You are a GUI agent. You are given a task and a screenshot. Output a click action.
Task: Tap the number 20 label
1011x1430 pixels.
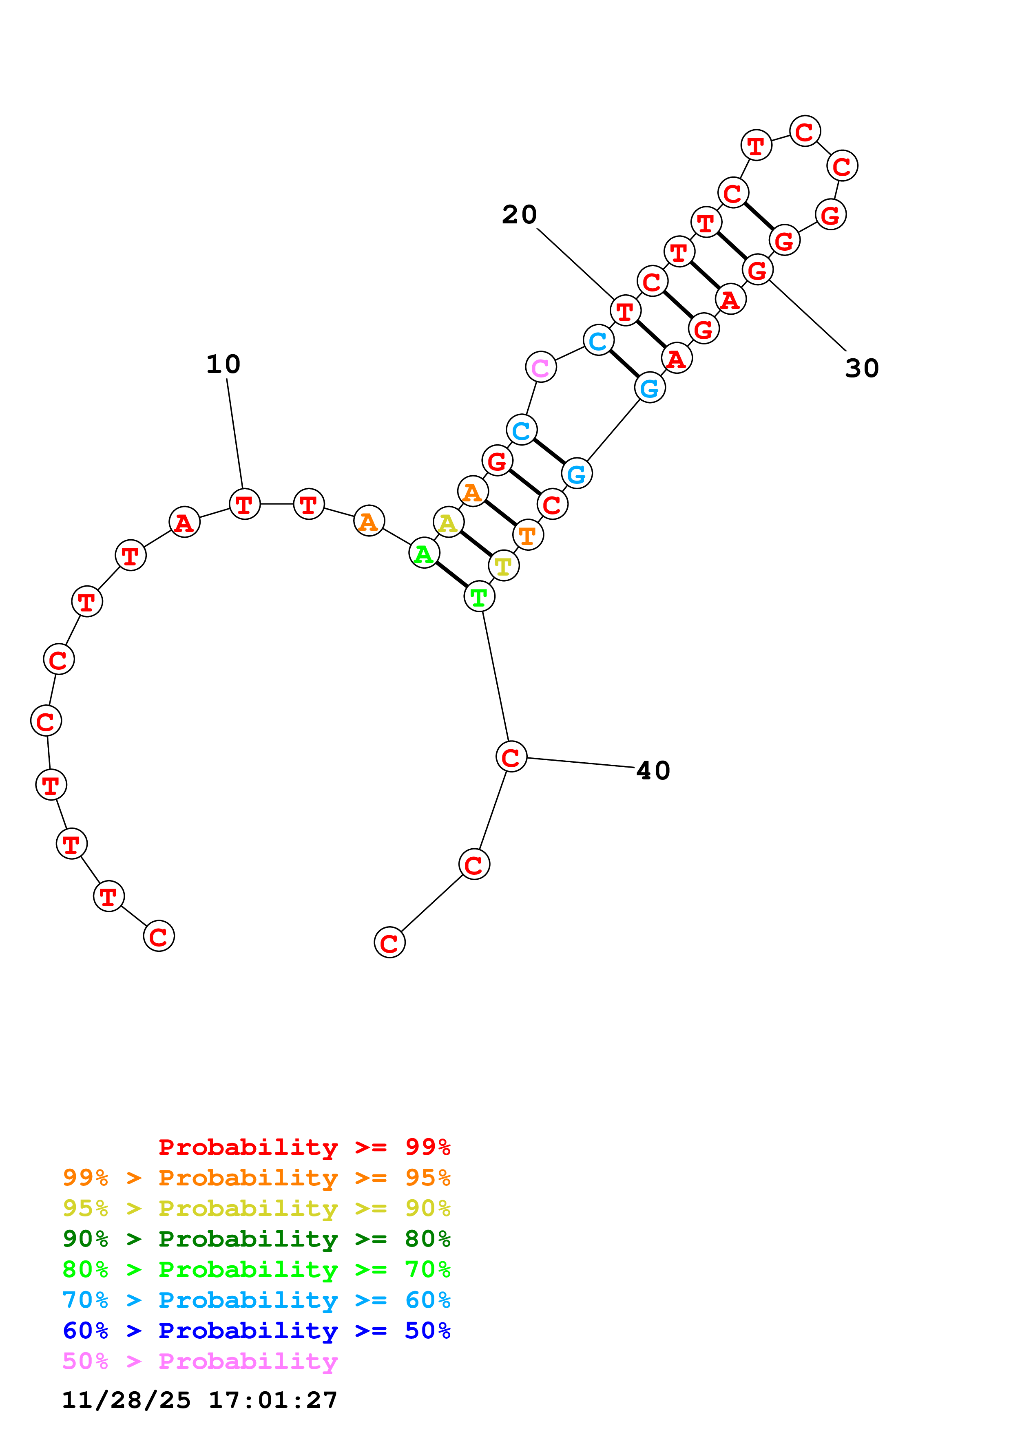[519, 215]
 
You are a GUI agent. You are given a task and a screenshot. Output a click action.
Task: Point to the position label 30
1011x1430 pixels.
[861, 368]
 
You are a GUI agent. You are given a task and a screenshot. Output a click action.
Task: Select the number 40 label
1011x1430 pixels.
[653, 770]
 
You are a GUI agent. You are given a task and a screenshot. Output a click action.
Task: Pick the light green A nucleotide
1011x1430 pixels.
[424, 553]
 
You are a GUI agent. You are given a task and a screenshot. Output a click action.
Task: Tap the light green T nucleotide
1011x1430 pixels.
[479, 597]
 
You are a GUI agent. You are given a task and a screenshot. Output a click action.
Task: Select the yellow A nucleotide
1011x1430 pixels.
[448, 523]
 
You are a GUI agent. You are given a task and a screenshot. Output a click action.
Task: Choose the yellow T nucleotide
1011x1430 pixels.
[503, 565]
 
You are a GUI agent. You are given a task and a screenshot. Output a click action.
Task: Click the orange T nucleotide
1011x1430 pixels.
[528, 534]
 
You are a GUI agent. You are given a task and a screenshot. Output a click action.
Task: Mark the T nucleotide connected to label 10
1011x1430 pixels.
[244, 504]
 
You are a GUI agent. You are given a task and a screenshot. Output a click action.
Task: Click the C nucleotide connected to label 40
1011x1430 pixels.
[511, 757]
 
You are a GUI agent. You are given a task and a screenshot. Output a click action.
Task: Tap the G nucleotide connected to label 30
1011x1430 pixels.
[757, 270]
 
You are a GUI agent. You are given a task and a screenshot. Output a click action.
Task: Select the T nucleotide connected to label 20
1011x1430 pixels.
[625, 311]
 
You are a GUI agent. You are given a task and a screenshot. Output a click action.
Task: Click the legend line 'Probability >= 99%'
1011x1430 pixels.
[304, 1147]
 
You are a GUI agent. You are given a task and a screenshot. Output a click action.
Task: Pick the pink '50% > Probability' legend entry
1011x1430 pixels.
[200, 1362]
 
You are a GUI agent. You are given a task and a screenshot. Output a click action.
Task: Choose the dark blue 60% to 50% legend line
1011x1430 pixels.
[256, 1331]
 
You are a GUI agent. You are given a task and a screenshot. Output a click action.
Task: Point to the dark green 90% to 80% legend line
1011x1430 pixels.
[256, 1239]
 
